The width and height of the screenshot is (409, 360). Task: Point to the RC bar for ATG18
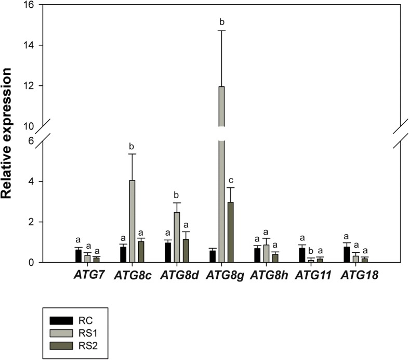pos(346,254)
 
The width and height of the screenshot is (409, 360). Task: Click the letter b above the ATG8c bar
pos(133,145)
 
